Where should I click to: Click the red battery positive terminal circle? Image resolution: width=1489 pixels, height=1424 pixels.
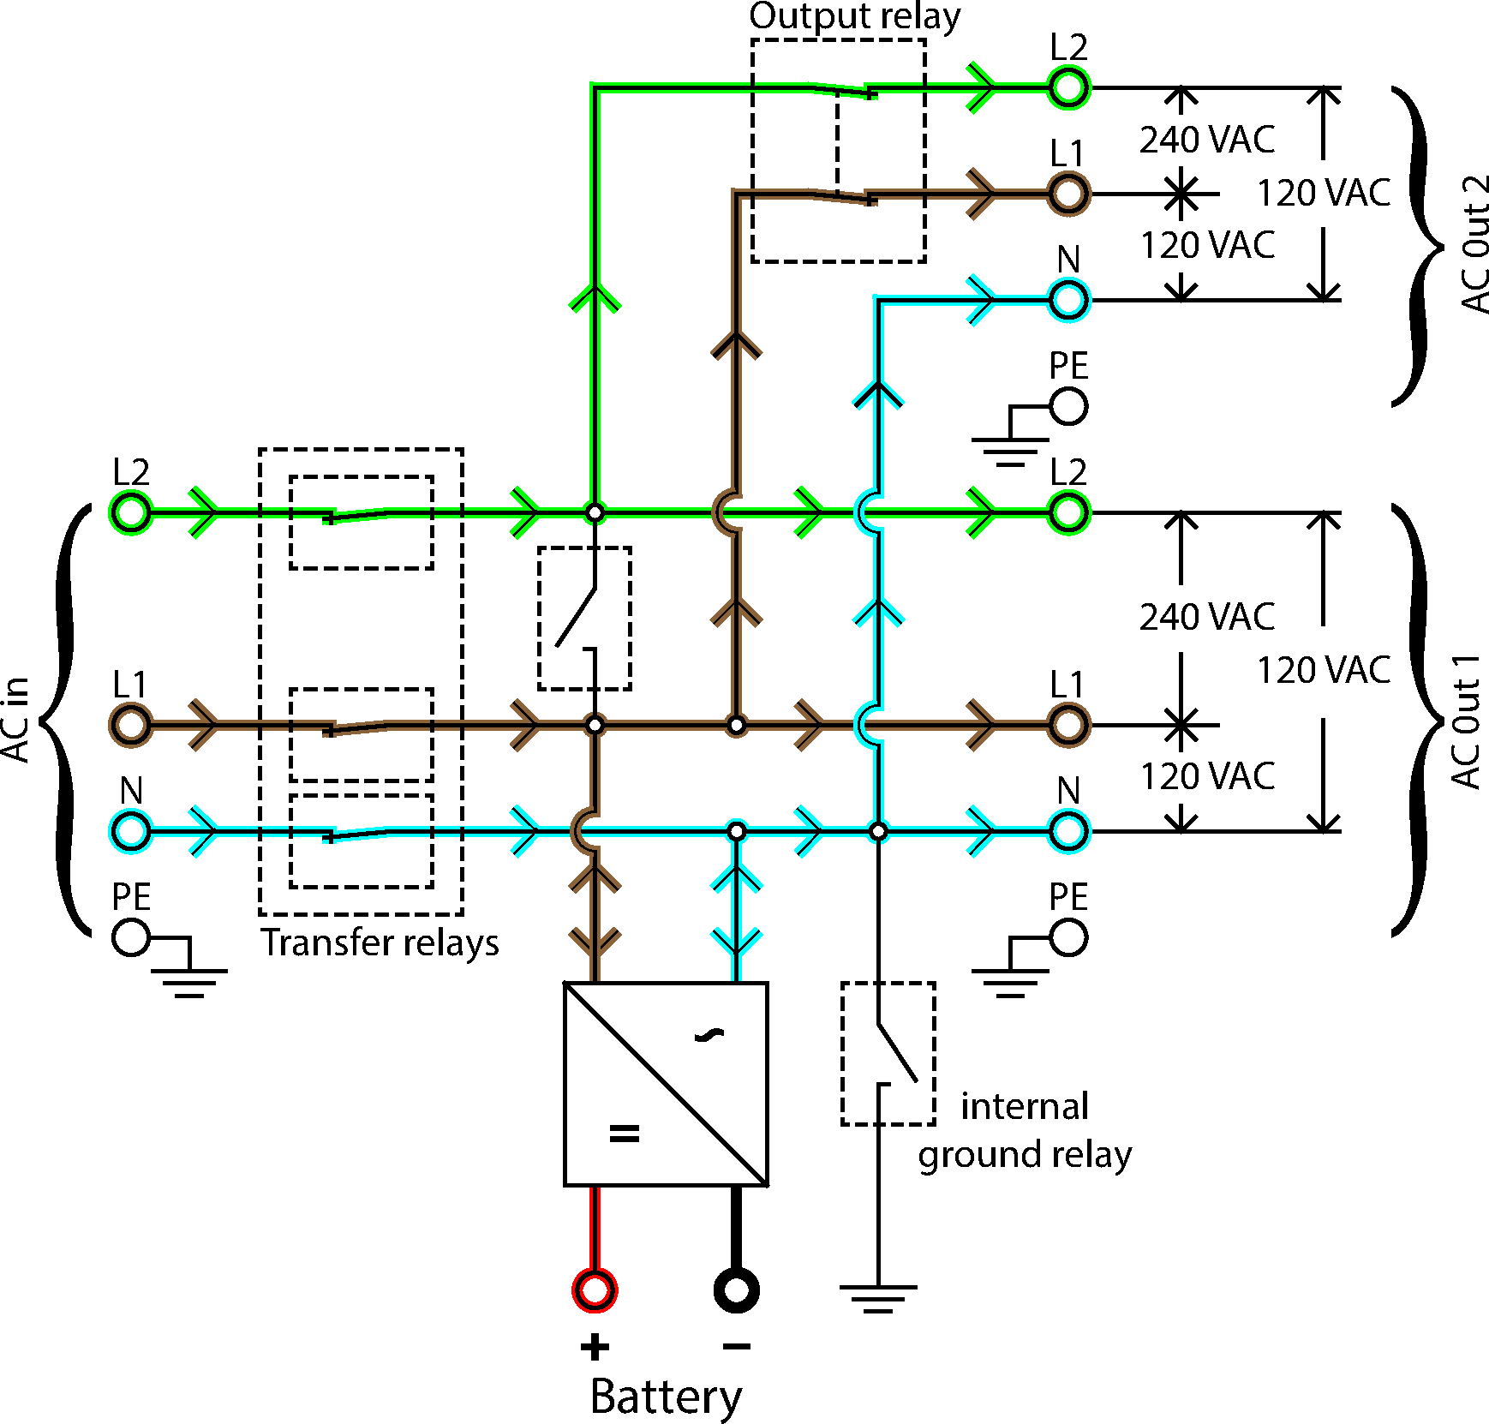pyautogui.click(x=595, y=1289)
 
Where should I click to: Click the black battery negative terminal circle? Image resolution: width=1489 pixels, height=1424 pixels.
pyautogui.click(x=736, y=1289)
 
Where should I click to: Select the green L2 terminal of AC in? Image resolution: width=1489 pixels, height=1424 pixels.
pyautogui.click(x=131, y=512)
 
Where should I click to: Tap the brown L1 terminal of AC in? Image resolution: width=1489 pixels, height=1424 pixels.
pyautogui.click(x=131, y=725)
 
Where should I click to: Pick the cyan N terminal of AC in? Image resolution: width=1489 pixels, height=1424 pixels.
pyautogui.click(x=131, y=831)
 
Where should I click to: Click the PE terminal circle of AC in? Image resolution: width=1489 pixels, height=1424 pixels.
pyautogui.click(x=131, y=937)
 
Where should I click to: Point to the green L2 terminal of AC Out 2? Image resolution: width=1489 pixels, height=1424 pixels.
pyautogui.click(x=1068, y=87)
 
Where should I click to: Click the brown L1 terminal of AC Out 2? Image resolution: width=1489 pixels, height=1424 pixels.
pyautogui.click(x=1068, y=194)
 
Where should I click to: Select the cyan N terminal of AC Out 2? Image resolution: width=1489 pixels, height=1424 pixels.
pyautogui.click(x=1068, y=300)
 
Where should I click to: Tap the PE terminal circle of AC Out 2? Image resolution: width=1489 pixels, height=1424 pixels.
pyautogui.click(x=1068, y=406)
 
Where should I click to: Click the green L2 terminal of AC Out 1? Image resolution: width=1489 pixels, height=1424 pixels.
pyautogui.click(x=1068, y=512)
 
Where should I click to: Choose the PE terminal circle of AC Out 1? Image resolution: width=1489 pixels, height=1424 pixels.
pyautogui.click(x=1068, y=937)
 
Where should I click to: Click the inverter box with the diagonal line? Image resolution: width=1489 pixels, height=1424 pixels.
pyautogui.click(x=666, y=1084)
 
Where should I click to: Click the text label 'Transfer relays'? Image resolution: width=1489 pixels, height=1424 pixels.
pyautogui.click(x=380, y=942)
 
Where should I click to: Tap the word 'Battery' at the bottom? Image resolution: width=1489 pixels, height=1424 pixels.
pyautogui.click(x=666, y=1397)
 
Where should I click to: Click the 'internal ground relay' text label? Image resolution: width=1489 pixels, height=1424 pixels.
pyautogui.click(x=1025, y=1130)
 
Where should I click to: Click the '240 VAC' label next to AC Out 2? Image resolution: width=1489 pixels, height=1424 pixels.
pyautogui.click(x=1206, y=139)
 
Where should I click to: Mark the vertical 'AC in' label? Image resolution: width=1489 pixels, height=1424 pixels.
pyautogui.click(x=15, y=720)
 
